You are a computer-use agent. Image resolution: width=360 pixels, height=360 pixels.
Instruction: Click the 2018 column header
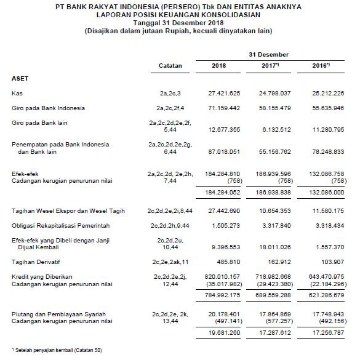218,65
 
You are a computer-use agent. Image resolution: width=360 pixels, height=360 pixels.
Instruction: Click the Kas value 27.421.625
219,94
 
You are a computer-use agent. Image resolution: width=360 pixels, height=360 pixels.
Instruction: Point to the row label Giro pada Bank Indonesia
48,108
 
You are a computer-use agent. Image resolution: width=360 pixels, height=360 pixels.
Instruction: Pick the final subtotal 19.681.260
219,333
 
